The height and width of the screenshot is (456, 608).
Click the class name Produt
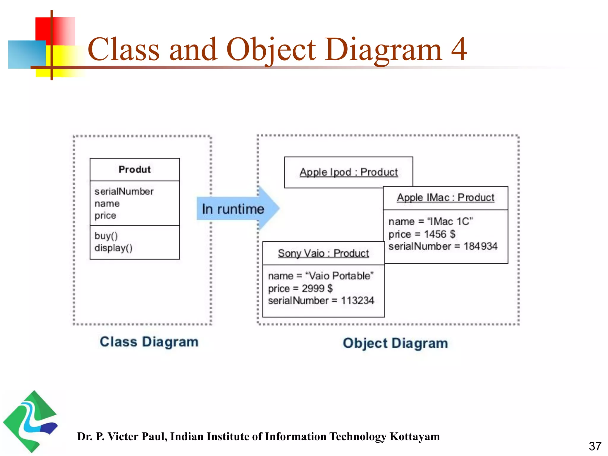point(134,170)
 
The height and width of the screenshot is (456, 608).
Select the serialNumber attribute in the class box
point(124,191)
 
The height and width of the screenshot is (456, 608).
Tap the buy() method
point(106,236)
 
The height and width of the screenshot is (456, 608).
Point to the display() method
point(113,248)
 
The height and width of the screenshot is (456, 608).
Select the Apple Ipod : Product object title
point(349,172)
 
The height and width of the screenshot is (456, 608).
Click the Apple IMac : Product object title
point(446,198)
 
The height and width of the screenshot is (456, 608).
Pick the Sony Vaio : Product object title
point(323,253)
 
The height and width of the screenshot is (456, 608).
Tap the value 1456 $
point(440,234)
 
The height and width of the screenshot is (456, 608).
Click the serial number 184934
point(480,246)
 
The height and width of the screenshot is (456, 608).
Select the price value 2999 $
point(317,288)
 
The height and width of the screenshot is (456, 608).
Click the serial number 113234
point(357,300)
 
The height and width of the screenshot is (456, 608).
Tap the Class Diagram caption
point(149,342)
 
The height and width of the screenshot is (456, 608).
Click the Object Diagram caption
point(395,343)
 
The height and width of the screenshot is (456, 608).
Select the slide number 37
point(595,446)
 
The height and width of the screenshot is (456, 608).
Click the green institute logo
point(30,422)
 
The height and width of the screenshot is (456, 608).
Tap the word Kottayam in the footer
point(414,436)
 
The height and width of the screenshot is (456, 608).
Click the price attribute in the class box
point(105,216)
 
